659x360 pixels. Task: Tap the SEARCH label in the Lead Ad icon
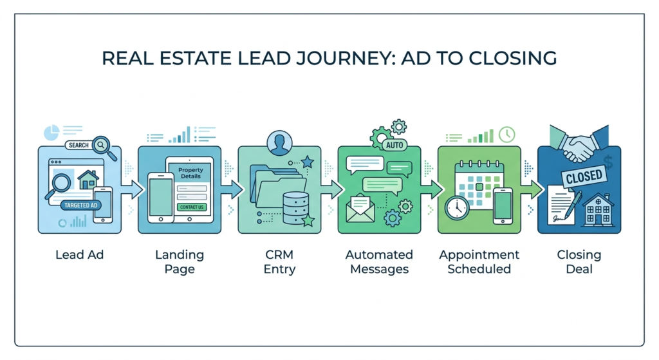coord(79,145)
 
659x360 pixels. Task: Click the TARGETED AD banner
coord(81,205)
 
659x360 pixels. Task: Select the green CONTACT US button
coord(192,207)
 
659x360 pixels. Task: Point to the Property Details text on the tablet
coord(190,173)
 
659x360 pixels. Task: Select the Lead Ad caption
coord(79,255)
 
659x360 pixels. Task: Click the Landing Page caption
coord(180,261)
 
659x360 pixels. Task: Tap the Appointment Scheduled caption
coord(479,261)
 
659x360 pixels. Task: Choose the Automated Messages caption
coord(379,261)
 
